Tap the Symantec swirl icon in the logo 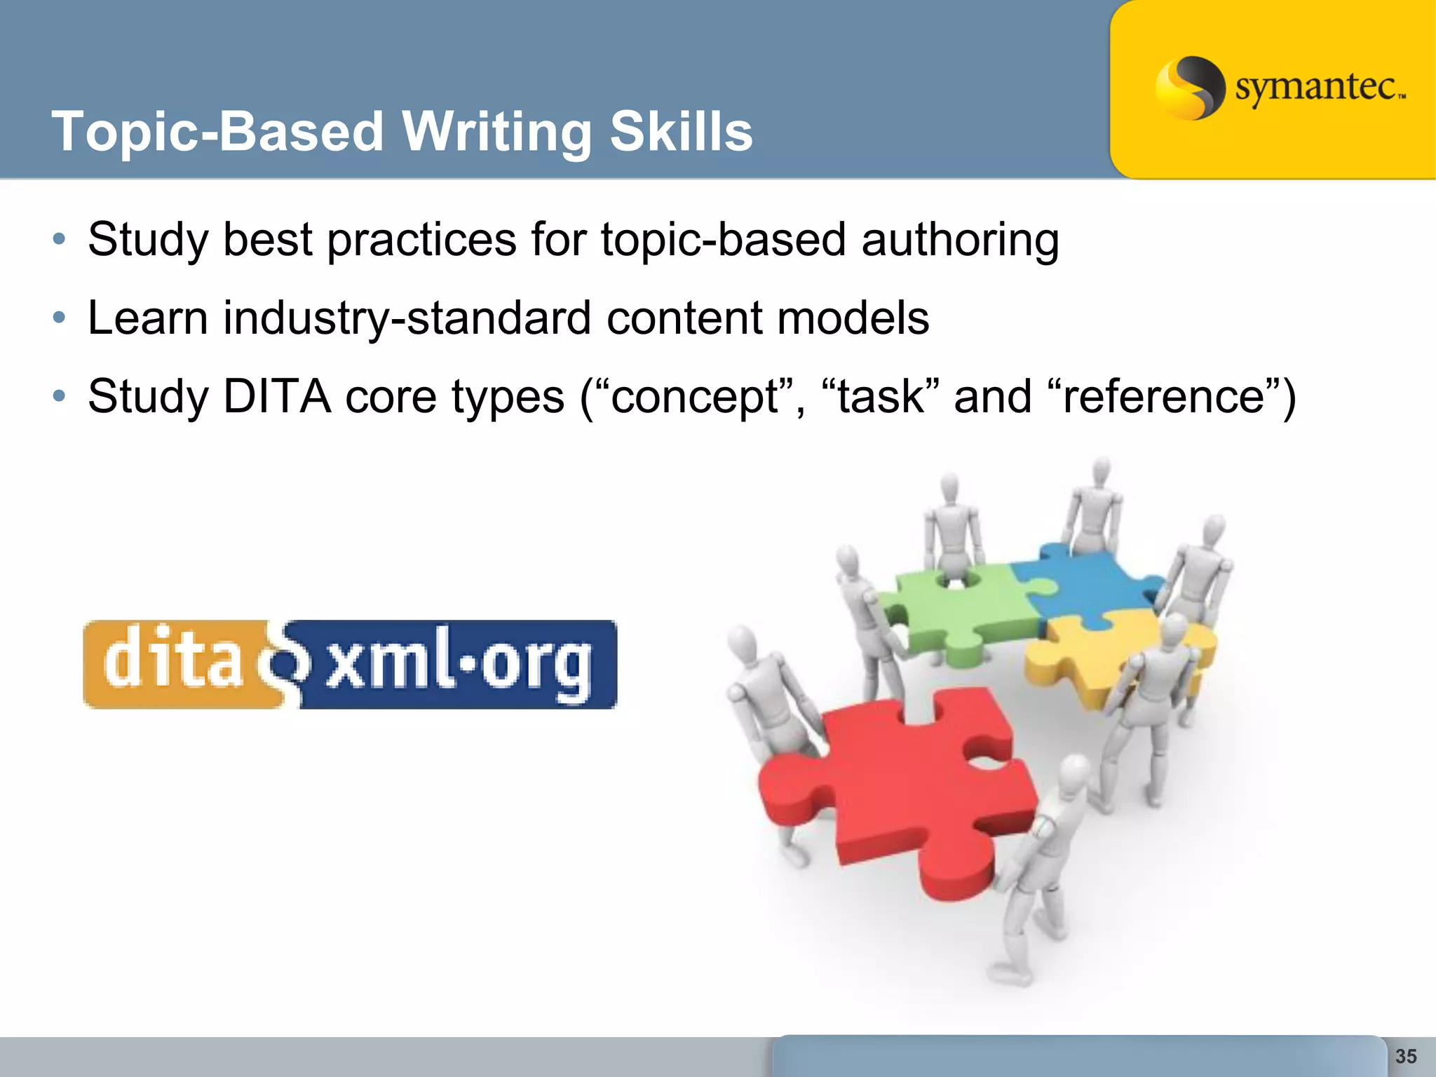point(1189,88)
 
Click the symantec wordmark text point(1318,88)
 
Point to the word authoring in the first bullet point(960,241)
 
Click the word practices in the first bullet point(421,241)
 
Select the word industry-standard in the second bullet point(407,319)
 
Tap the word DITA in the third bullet point(277,397)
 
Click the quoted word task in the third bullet point(881,397)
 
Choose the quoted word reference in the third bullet point(1163,397)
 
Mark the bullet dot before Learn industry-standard point(60,318)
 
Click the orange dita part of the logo point(172,662)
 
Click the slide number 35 point(1406,1056)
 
